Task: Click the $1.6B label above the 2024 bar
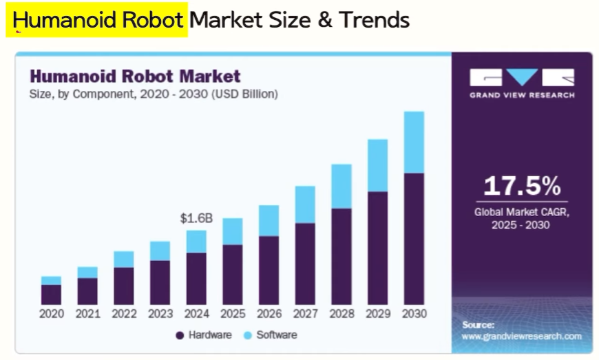196,218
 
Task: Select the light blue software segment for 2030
414,142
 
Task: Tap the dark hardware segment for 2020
51,294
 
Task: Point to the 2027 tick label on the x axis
305,314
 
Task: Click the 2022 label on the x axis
124,314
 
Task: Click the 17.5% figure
522,186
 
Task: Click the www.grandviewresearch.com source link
521,337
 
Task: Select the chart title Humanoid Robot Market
135,76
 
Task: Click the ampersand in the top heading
324,20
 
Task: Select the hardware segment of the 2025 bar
233,274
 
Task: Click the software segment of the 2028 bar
341,187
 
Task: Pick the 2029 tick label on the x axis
378,314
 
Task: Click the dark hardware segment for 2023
160,282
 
